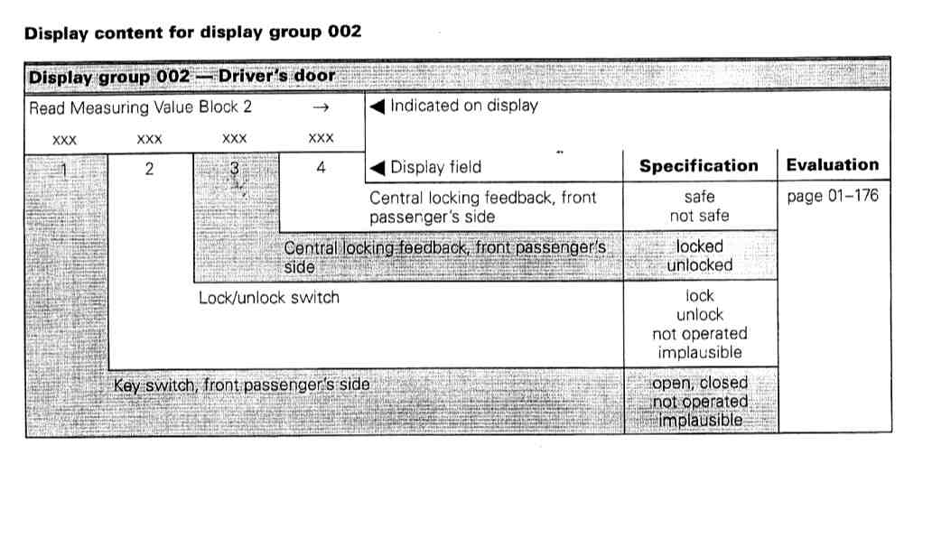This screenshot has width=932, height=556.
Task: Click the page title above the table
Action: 192,32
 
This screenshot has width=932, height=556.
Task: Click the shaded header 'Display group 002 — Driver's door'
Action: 182,77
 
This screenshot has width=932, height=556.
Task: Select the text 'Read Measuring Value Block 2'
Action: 141,107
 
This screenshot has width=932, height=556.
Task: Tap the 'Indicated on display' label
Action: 463,106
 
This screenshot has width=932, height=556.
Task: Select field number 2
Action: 149,167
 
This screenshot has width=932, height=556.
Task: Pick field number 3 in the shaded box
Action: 235,167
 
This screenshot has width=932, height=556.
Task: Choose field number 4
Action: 321,167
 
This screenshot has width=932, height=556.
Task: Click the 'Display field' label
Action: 435,167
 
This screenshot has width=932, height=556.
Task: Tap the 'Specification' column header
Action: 699,166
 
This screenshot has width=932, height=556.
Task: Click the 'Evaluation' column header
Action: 832,165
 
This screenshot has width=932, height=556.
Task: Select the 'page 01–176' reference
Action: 832,196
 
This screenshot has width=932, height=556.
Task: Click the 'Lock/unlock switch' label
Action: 269,297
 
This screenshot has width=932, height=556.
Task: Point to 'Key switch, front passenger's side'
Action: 241,385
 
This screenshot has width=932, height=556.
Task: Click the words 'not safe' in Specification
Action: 700,216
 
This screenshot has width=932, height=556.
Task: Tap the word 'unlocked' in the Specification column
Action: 700,265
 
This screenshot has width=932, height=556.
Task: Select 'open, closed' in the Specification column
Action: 700,383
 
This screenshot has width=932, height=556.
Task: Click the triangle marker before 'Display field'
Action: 377,167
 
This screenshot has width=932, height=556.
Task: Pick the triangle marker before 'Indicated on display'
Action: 377,106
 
